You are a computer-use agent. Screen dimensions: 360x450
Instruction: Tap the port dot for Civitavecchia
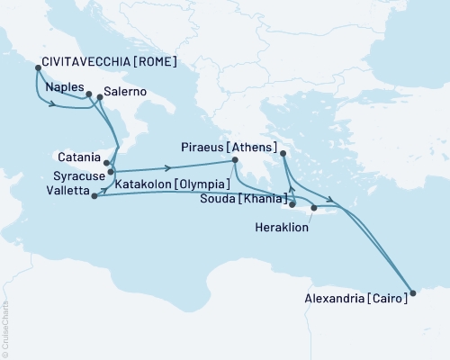click(x=38, y=67)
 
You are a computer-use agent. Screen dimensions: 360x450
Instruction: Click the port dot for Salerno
click(x=99, y=96)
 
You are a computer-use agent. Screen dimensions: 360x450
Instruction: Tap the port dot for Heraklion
click(x=313, y=209)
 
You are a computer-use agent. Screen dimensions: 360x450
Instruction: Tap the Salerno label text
click(x=126, y=91)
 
